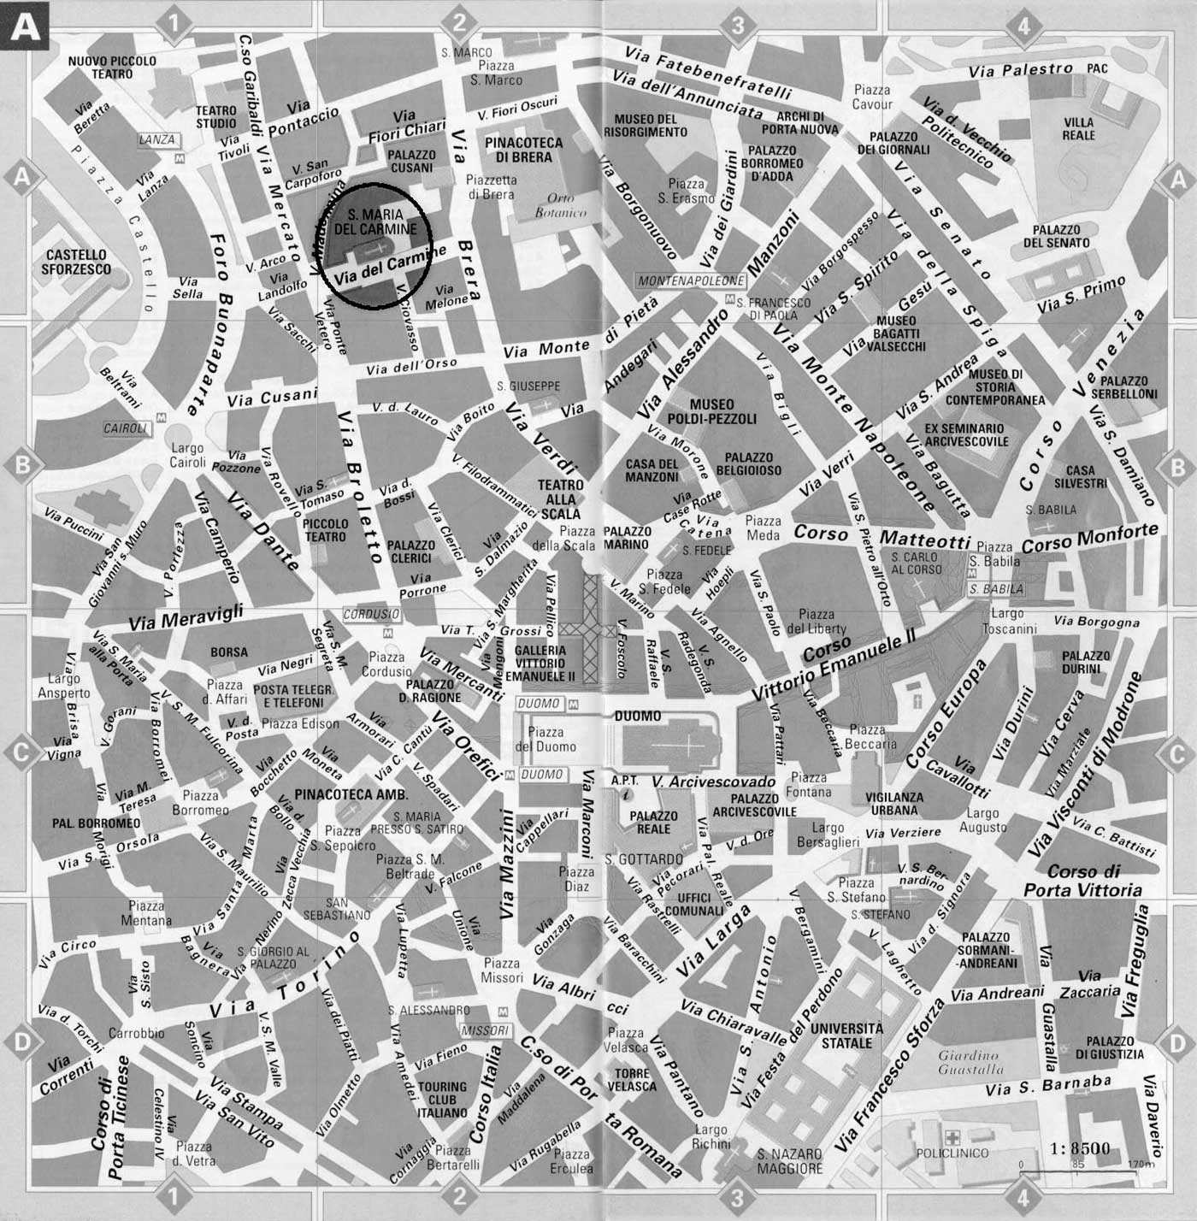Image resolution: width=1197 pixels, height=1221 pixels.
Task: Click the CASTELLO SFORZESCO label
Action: (77, 262)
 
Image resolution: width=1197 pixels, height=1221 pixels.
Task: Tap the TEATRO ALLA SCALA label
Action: (560, 499)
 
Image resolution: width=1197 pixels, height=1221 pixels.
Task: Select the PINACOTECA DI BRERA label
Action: (524, 150)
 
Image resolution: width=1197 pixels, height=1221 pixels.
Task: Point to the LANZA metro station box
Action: (157, 139)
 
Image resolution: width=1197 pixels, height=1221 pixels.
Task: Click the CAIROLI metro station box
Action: (125, 428)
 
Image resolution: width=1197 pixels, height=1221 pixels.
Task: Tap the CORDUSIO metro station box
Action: (371, 614)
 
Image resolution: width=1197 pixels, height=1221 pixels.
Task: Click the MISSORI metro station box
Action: (486, 1031)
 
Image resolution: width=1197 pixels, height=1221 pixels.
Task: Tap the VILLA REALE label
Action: (1078, 128)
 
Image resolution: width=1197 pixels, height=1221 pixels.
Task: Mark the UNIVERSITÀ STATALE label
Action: (846, 1035)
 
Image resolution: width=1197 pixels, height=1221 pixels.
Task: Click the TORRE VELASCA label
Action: (632, 1080)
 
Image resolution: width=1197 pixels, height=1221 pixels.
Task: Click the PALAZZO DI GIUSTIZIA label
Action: (1110, 1047)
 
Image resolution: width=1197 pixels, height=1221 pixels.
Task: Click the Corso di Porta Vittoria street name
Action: (1083, 881)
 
